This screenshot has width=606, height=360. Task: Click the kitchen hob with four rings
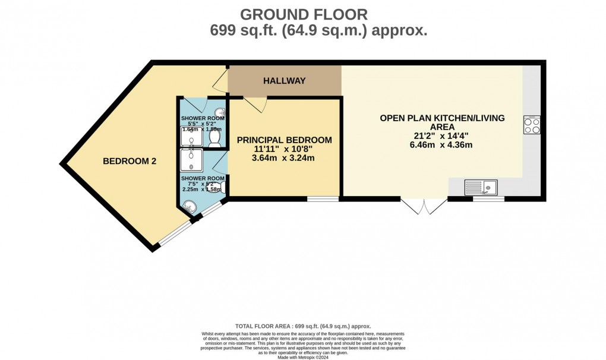(x=531, y=125)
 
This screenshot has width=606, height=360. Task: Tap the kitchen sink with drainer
(x=482, y=188)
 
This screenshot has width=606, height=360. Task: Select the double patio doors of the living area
(x=424, y=206)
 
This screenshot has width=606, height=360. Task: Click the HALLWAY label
(x=285, y=81)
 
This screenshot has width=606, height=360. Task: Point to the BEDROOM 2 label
(x=130, y=161)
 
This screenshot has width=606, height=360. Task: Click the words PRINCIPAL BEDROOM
(x=284, y=140)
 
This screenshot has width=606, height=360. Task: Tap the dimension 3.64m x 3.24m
(x=284, y=158)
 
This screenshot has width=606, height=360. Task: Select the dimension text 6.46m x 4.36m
(x=442, y=145)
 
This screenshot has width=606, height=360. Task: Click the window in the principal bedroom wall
(x=323, y=199)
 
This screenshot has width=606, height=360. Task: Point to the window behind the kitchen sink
(x=488, y=199)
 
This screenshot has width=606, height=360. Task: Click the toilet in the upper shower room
(x=214, y=138)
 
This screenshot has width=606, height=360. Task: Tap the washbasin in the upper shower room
(x=220, y=113)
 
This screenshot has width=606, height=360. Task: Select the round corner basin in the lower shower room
(x=190, y=207)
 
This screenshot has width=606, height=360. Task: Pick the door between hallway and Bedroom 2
(x=221, y=82)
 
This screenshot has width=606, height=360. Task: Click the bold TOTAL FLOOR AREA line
(x=303, y=326)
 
